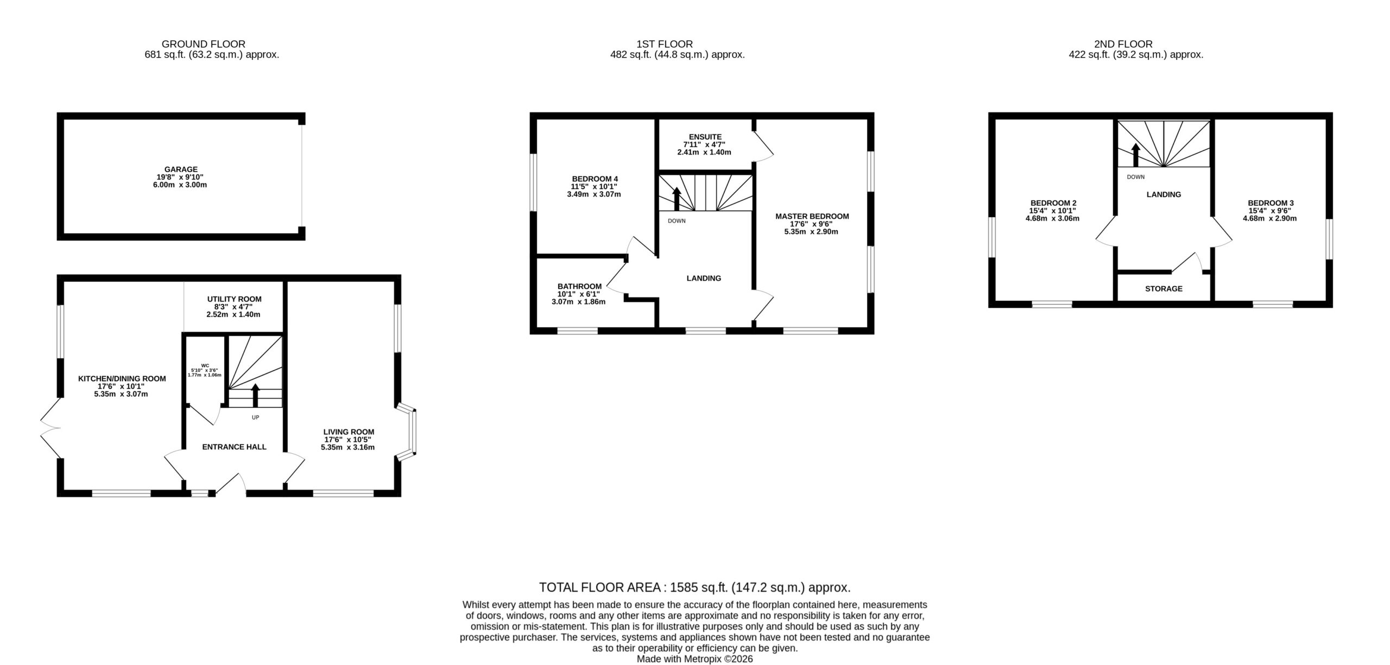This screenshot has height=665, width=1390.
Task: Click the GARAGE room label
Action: coord(181,169)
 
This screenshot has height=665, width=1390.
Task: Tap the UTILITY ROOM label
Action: coord(234,299)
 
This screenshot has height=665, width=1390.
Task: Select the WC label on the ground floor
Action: coord(205,365)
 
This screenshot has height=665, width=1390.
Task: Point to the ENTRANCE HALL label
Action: coord(234,447)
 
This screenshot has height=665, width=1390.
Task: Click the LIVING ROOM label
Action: coord(349,432)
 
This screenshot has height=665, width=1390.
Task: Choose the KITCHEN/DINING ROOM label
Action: coord(122,378)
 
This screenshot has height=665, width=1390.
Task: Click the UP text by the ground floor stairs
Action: coord(255,417)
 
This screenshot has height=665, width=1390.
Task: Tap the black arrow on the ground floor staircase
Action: coord(255,395)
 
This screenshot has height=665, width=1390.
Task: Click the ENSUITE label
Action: coord(704,137)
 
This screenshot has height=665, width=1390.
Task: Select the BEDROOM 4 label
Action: coord(595,179)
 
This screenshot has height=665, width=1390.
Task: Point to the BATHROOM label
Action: coord(579,286)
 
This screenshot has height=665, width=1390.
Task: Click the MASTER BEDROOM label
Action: coord(812,216)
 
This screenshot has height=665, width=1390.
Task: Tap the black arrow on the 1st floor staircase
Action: coord(677,199)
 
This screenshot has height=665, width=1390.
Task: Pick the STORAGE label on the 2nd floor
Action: coord(1164,289)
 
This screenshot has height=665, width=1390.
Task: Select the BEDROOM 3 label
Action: coord(1269,203)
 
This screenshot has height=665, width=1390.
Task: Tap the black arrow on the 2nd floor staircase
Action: coord(1135,155)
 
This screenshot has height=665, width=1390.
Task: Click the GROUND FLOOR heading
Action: coord(204,44)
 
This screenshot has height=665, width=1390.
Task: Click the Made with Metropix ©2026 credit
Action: coord(695,659)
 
